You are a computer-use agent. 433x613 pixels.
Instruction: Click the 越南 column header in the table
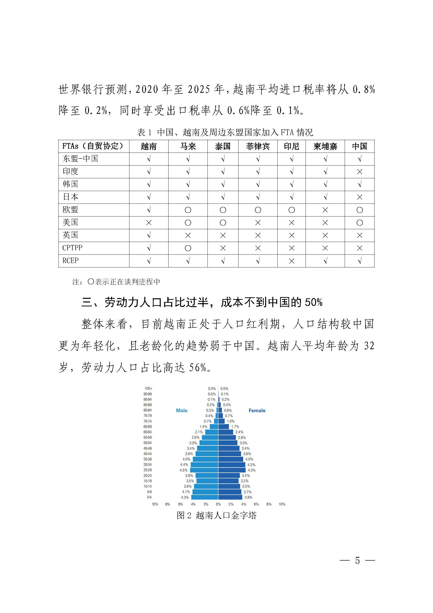(148, 146)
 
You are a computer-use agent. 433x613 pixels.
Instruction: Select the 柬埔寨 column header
(325, 146)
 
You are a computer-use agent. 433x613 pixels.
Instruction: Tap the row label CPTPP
(72, 248)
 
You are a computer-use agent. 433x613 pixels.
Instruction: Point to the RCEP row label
(70, 261)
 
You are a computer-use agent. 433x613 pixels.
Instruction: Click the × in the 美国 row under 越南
(148, 223)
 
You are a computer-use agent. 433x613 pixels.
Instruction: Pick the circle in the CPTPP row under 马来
(188, 248)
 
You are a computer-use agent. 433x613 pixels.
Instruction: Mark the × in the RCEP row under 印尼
(291, 261)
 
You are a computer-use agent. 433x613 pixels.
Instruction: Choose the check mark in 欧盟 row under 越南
(149, 210)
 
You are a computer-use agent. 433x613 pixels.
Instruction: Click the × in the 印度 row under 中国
(359, 172)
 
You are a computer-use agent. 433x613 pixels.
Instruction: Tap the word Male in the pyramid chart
(182, 411)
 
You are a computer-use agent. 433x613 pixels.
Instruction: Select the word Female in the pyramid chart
(257, 411)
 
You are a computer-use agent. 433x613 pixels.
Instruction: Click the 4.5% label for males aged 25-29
(183, 470)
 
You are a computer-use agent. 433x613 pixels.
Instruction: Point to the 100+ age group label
(148, 388)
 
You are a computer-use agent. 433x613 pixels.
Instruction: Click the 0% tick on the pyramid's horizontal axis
(218, 504)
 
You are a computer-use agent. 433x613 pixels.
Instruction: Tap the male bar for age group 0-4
(205, 497)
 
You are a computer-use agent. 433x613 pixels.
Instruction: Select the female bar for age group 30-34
(231, 465)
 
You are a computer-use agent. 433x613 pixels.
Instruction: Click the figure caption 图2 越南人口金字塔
(216, 515)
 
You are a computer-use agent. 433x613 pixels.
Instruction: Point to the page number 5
(357, 560)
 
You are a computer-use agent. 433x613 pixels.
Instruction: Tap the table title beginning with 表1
(225, 132)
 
